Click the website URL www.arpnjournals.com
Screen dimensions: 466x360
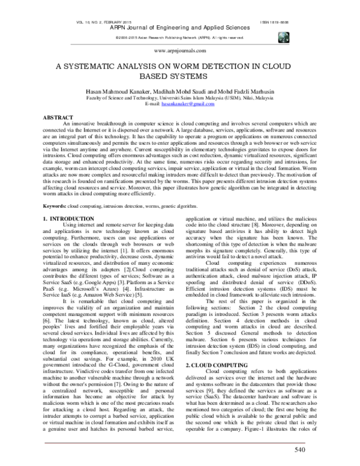[x=179, y=52]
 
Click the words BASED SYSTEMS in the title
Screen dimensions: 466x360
[x=179, y=77]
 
